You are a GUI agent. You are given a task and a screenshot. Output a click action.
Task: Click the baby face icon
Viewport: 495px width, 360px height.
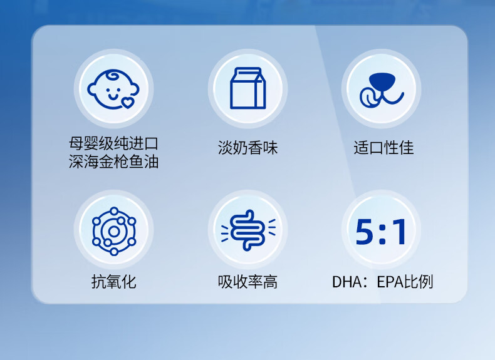(x=113, y=90)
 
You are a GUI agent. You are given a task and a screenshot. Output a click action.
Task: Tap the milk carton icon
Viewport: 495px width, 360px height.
(x=248, y=88)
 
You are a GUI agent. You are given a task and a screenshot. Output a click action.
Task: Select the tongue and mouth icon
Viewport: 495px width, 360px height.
(x=382, y=90)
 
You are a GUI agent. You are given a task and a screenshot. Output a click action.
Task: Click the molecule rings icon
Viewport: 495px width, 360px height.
(x=114, y=231)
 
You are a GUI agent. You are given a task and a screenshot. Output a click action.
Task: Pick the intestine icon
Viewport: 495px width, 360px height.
(x=248, y=230)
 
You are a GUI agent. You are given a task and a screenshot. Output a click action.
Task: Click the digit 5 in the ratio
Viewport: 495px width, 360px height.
(x=365, y=232)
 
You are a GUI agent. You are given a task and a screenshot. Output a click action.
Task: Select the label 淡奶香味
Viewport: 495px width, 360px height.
(x=248, y=148)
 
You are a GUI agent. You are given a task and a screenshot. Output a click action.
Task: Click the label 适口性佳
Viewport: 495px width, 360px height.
(x=383, y=148)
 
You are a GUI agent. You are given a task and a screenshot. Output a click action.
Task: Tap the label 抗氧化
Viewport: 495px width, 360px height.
(x=114, y=282)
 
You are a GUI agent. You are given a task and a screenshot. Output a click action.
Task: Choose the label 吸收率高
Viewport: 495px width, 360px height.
(x=248, y=282)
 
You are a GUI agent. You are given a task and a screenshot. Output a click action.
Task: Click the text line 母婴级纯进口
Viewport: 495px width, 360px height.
(x=113, y=143)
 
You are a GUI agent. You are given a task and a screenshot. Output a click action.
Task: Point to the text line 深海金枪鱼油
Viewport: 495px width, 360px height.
(x=113, y=162)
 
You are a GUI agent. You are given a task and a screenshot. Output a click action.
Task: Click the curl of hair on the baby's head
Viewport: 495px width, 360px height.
(x=113, y=76)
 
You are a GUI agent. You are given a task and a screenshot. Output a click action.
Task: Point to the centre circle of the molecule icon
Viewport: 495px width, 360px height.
(x=113, y=232)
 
